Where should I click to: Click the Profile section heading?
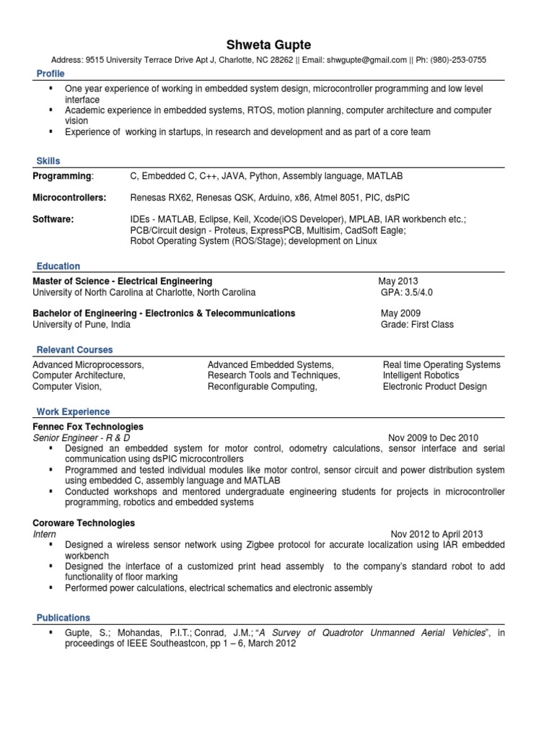[x=50, y=74]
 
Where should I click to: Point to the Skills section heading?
[x=48, y=161]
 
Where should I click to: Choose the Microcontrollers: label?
[x=69, y=198]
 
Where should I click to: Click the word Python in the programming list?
[x=263, y=176]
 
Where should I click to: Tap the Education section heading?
[x=58, y=266]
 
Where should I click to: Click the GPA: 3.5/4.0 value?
[x=407, y=292]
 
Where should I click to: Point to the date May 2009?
[x=400, y=313]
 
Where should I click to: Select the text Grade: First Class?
[x=417, y=325]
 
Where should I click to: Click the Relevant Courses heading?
[x=75, y=350]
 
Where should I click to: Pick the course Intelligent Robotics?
[x=421, y=375]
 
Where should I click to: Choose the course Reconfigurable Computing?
[x=262, y=386]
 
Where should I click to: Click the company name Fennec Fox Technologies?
[x=88, y=427]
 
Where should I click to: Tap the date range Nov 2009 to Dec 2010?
[x=433, y=437]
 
